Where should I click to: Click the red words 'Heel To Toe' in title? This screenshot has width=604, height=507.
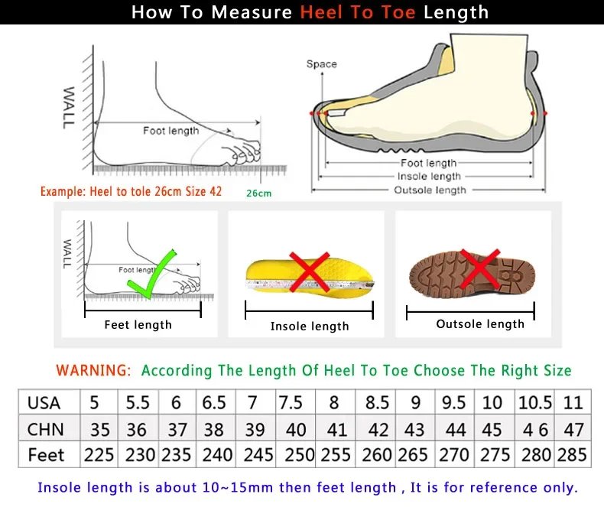tap(359, 12)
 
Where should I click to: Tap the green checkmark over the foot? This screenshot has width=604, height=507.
tap(153, 274)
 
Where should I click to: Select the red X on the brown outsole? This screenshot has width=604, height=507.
tap(480, 270)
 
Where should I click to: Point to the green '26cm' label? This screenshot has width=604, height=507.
tap(258, 193)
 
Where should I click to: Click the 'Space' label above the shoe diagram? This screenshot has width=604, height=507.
tap(321, 64)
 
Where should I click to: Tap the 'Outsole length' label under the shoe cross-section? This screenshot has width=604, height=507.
tap(429, 190)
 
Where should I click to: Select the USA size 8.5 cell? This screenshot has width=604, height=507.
tap(377, 402)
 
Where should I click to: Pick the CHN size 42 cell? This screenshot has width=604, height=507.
tap(377, 429)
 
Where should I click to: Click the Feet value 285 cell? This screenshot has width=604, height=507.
tap(573, 454)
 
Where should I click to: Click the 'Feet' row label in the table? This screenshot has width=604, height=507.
tap(46, 454)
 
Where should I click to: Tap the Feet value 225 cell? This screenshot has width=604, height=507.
tap(99, 454)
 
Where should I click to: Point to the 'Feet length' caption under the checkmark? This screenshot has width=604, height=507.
tap(138, 325)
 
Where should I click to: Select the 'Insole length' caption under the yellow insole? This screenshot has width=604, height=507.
tap(310, 327)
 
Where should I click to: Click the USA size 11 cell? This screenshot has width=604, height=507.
tap(573, 402)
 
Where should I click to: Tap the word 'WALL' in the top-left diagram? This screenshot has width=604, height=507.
tap(68, 106)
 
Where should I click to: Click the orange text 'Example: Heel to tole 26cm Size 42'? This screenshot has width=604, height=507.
tap(131, 191)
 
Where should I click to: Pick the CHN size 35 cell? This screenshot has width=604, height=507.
tap(99, 429)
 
